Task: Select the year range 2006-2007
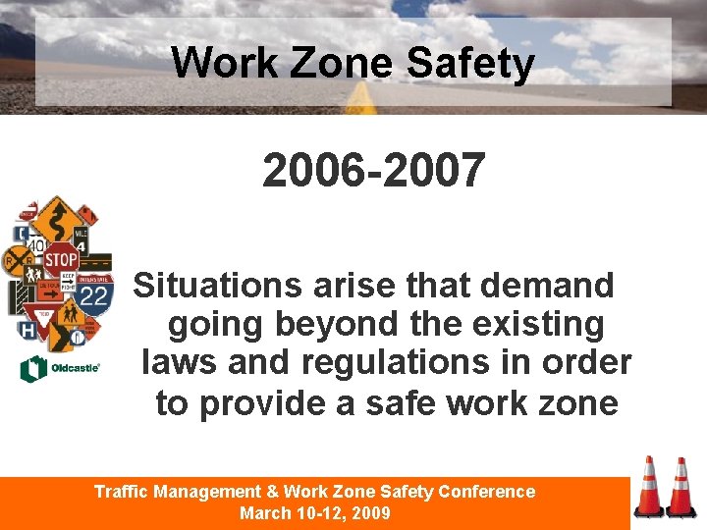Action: coord(373,170)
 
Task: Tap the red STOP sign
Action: coord(61,260)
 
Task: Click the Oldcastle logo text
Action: coord(74,369)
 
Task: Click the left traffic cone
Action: coord(649,487)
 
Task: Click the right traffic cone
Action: coord(680,488)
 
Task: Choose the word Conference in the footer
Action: coord(487,492)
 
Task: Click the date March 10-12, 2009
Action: coord(315,513)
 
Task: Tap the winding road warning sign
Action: coord(57,217)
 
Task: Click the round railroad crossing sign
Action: coord(18,260)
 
